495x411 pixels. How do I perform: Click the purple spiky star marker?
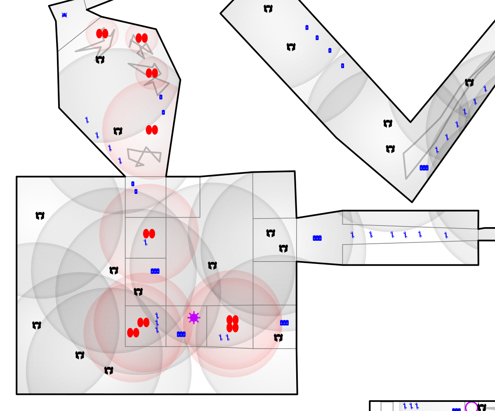point(194,318)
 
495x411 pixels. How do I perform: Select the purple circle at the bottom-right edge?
point(471,408)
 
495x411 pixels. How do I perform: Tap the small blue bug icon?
point(64,15)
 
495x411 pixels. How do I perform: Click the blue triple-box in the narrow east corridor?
point(317,238)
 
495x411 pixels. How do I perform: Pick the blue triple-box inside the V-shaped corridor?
point(424,168)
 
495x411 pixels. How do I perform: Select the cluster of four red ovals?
point(232,323)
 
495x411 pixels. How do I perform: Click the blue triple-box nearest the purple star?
point(181,334)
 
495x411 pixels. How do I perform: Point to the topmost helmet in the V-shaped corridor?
point(268,9)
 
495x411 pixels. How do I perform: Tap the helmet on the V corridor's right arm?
point(469,83)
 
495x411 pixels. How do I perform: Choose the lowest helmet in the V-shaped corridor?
point(390,149)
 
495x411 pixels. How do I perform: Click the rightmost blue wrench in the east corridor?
point(446,235)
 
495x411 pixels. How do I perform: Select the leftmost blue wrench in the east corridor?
point(352,235)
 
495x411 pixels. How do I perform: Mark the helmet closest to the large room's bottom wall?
point(108,371)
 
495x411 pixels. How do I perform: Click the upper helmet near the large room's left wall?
point(40,216)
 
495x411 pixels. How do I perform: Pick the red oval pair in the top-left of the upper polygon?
point(102,33)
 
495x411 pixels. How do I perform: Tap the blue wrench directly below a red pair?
point(146,242)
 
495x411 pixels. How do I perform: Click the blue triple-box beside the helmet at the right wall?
point(284,323)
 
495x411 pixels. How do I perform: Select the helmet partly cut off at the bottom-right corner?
point(482,408)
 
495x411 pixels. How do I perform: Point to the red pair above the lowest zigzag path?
point(152,130)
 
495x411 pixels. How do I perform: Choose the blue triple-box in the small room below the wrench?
point(155,271)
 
